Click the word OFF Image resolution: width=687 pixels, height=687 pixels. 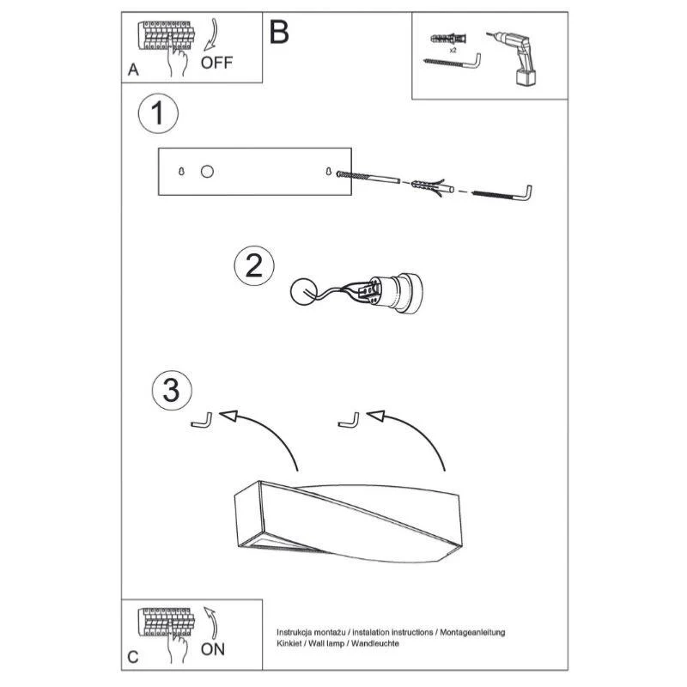tap(216, 63)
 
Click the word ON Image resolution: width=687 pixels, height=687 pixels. tap(213, 649)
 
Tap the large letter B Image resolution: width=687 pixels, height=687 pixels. tap(279, 32)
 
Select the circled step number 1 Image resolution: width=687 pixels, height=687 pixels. tap(158, 113)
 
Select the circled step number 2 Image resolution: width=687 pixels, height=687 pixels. tap(254, 266)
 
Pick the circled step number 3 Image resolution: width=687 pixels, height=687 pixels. tap(172, 390)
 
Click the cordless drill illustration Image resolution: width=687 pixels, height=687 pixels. tap(514, 58)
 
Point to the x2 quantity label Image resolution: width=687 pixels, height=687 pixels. tap(453, 51)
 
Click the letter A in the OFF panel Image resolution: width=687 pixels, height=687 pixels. tap(133, 70)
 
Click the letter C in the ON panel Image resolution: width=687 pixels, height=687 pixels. tap(133, 657)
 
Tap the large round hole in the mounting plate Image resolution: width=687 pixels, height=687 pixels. tap(207, 171)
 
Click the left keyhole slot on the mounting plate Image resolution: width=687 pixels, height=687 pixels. tap(181, 171)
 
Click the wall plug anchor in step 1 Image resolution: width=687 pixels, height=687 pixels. tap(433, 187)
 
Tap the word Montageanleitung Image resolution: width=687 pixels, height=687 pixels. tap(472, 632)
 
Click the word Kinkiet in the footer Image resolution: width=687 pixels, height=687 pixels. tap(289, 643)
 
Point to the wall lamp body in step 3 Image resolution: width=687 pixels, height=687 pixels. tap(349, 523)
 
